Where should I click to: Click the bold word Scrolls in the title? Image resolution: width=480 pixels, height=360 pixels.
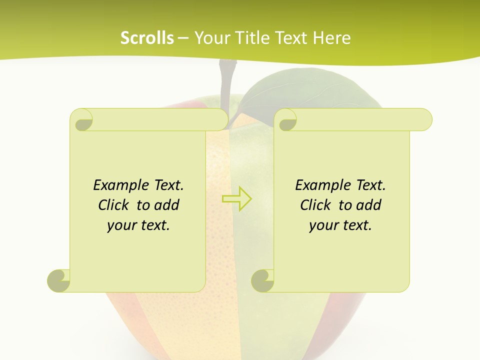147,38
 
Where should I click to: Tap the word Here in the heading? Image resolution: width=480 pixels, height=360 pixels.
331,38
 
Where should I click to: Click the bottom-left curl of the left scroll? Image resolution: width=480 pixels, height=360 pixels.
59,280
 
